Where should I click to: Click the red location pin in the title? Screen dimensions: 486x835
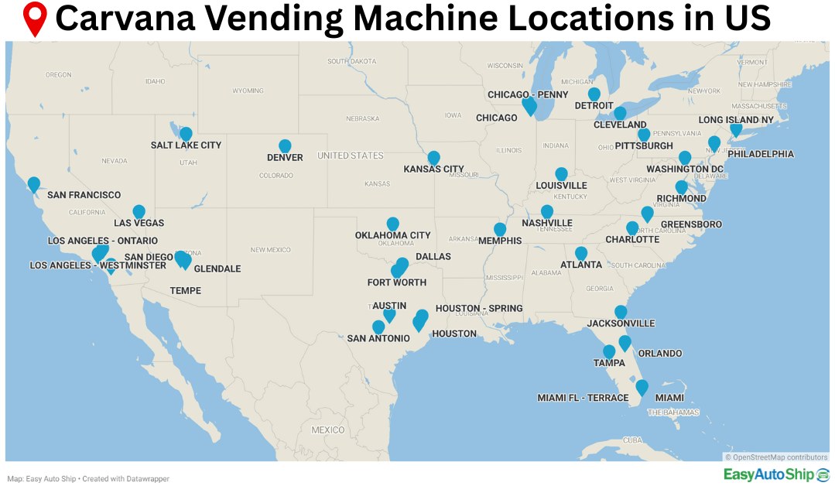pos(35,19)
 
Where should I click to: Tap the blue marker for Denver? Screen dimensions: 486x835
pos(285,145)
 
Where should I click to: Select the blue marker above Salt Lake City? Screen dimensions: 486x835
pos(186,133)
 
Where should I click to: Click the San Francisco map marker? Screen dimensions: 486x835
pos(34,183)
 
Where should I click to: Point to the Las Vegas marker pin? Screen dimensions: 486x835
pos(139,211)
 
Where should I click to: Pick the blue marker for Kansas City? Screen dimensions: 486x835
pos(433,157)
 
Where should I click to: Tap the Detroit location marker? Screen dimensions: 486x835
pos(594,94)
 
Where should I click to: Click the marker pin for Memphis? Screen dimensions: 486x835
pos(500,229)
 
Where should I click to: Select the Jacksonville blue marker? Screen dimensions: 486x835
pos(621,312)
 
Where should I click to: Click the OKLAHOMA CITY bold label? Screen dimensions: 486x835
pos(392,235)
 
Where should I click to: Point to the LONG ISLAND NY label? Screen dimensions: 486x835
pos(736,120)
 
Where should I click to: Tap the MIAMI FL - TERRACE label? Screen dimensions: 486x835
pos(583,398)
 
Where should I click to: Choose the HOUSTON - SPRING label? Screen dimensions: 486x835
pos(479,308)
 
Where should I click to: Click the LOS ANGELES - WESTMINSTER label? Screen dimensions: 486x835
pos(98,265)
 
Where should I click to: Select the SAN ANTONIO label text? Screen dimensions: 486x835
pos(378,338)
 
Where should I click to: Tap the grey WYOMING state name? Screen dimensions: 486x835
pos(248,91)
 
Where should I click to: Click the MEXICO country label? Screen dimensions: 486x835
pos(327,430)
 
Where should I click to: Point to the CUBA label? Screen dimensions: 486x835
pos(633,440)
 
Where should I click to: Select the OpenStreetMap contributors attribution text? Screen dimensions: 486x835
pos(775,457)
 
